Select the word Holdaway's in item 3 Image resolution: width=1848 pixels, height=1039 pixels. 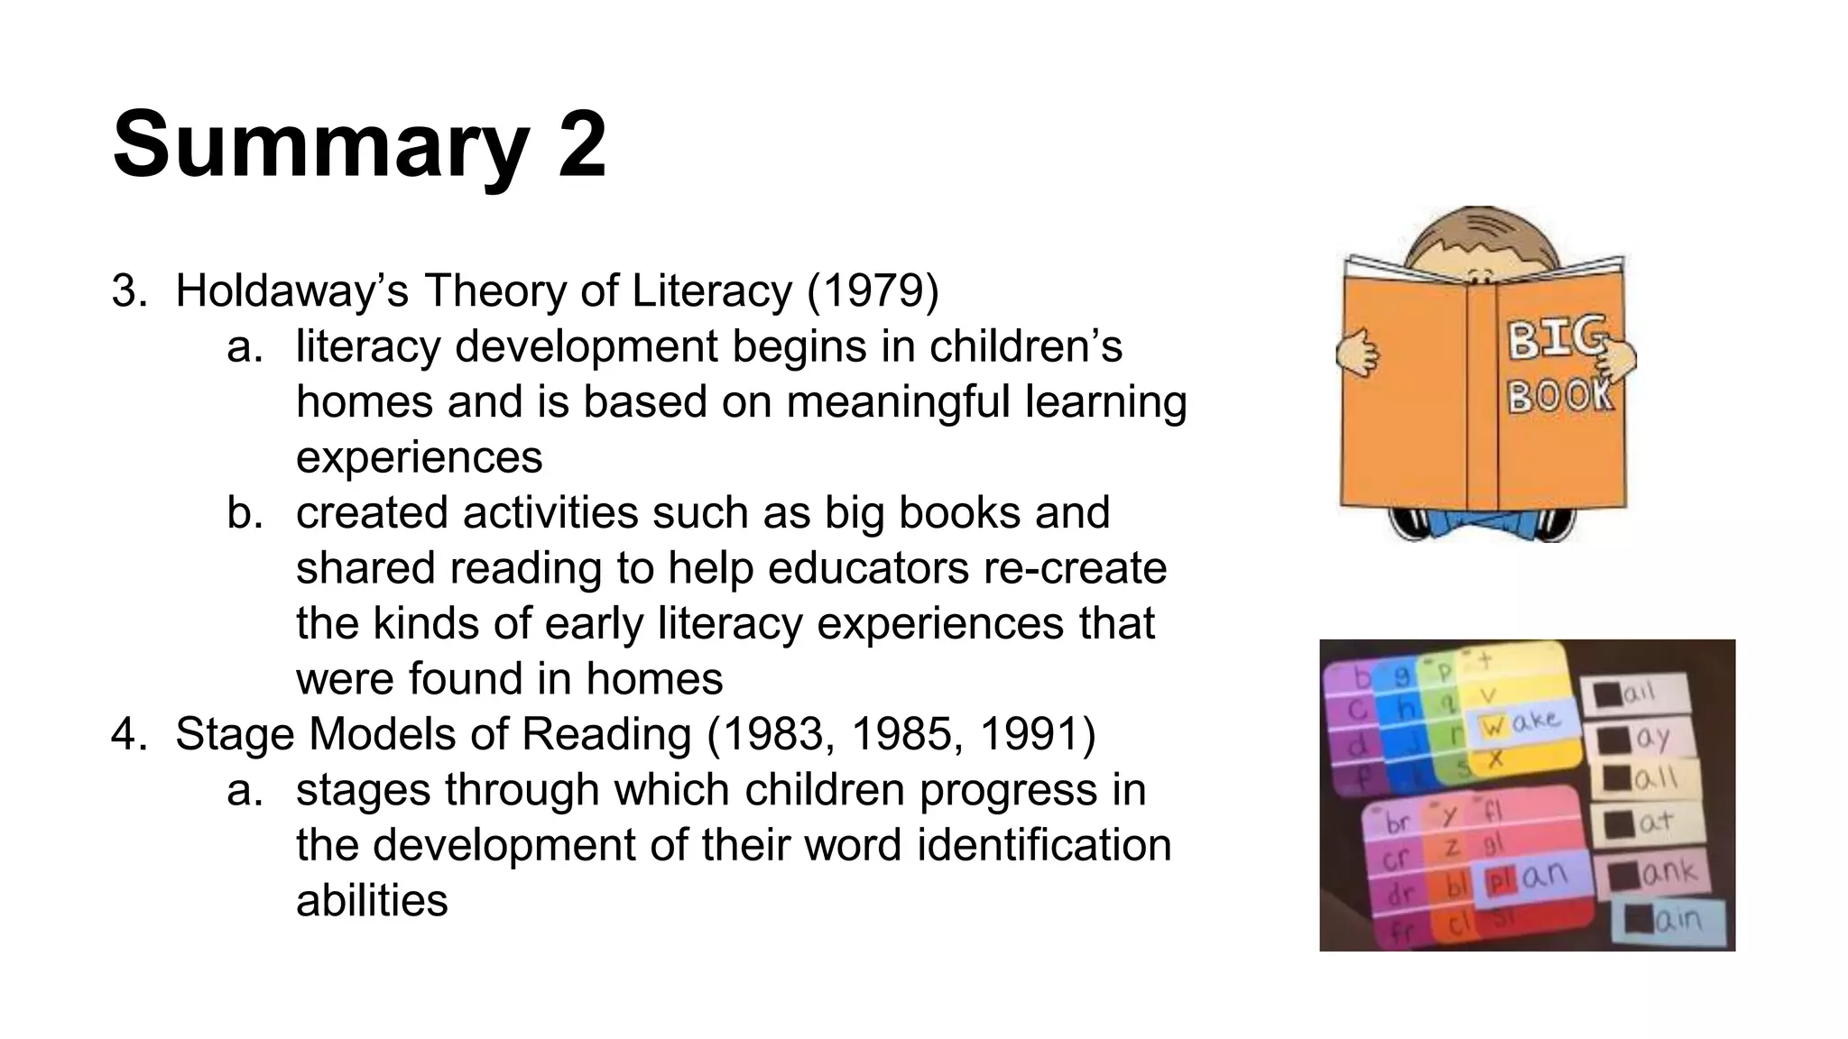291,291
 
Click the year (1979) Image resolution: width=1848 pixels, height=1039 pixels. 873,291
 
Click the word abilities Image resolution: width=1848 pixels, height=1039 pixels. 372,900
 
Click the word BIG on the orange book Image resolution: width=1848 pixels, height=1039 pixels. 1557,339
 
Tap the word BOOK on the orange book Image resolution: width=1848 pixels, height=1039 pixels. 1560,395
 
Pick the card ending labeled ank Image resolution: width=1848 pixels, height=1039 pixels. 1652,873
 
